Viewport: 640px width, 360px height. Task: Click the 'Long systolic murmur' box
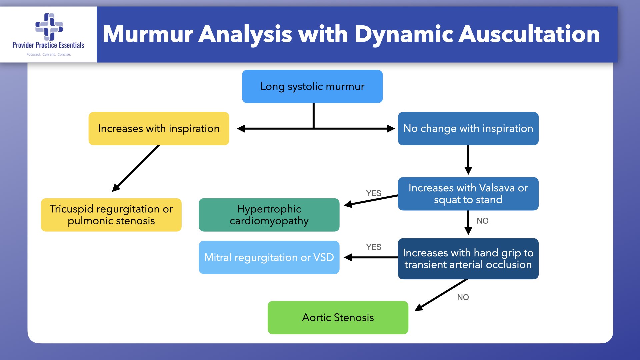312,86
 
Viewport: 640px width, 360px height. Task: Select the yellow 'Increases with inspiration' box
159,128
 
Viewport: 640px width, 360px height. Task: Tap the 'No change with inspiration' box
468,128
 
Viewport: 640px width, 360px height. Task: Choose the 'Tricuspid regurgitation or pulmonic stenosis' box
111,215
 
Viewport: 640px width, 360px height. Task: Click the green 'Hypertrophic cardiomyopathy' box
269,215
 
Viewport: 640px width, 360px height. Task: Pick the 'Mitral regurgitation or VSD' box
269,257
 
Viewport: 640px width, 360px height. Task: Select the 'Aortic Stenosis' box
338,317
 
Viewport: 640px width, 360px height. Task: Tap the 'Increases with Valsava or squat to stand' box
468,194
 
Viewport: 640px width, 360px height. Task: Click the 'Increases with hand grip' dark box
468,259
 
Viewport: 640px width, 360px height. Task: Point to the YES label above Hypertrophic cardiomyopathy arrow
374,193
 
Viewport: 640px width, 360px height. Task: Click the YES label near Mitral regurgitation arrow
374,247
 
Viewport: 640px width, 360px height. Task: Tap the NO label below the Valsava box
483,221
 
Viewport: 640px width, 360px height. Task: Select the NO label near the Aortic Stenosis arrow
463,297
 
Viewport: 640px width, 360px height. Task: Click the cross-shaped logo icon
49,26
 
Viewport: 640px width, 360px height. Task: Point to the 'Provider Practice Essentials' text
48,45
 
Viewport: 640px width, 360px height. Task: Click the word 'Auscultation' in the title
529,34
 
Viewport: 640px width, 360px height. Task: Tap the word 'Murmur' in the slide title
148,34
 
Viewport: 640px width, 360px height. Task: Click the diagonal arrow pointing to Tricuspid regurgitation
136,168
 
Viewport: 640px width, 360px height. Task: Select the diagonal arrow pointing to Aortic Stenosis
441,295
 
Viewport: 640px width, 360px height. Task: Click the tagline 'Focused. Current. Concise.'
49,54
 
